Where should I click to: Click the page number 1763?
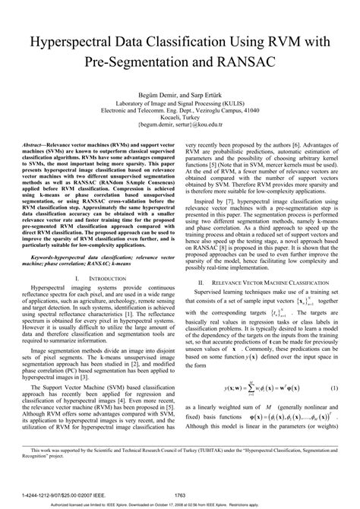point(181,495)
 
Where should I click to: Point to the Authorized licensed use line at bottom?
point(180,504)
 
